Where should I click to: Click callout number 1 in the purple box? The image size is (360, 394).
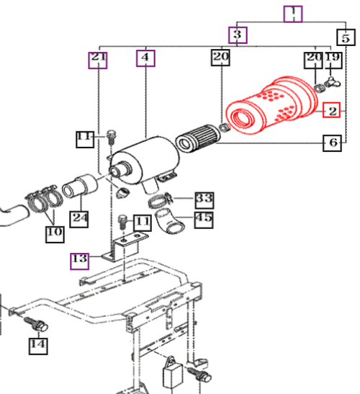point(293,14)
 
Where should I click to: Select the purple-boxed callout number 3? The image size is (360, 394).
point(238,35)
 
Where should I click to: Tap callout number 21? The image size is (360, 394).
point(98,61)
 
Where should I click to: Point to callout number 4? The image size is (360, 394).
point(145,58)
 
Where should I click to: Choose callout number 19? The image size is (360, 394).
point(333,61)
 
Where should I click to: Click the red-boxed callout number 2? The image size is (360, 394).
point(331,109)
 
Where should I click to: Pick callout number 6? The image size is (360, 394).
point(332,143)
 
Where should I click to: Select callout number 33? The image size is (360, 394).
point(204,200)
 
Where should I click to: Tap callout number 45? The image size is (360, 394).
point(204,220)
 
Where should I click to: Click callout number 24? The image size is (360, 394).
point(79,220)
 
